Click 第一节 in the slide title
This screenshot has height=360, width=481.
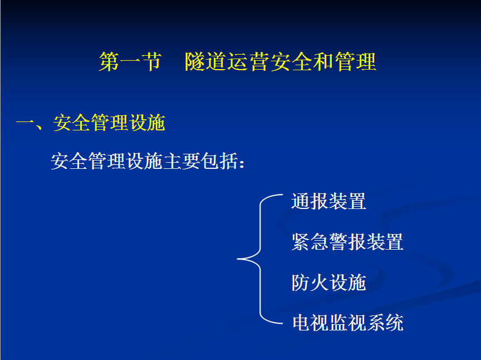pyautogui.click(x=130, y=62)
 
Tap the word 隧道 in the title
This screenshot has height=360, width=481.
pyautogui.click(x=206, y=62)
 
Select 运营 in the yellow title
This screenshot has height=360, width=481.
pyautogui.click(x=249, y=62)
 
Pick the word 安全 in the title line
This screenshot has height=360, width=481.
pyautogui.click(x=291, y=62)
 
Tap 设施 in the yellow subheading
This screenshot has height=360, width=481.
pyautogui.click(x=147, y=123)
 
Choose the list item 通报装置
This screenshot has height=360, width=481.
pyautogui.click(x=328, y=202)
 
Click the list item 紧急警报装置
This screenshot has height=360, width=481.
pyautogui.click(x=347, y=242)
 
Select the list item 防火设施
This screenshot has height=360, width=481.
pyautogui.click(x=328, y=283)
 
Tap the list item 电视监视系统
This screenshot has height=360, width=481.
pyautogui.click(x=348, y=323)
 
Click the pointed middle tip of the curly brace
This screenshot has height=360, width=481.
pyautogui.click(x=237, y=259)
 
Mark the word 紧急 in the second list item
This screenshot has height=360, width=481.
pyautogui.click(x=310, y=242)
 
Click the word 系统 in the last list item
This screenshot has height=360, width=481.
pyautogui.click(x=385, y=323)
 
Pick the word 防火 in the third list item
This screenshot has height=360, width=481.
pyautogui.click(x=310, y=283)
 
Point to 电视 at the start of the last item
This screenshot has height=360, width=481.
pyautogui.click(x=311, y=323)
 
